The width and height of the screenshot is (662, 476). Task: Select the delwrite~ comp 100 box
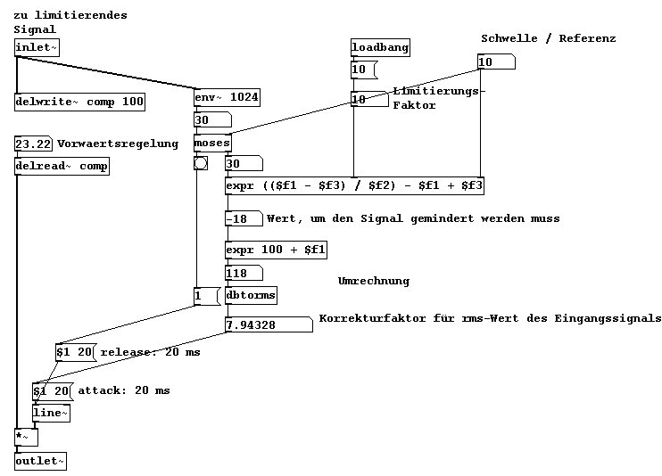coord(80,102)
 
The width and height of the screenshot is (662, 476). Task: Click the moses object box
coord(212,143)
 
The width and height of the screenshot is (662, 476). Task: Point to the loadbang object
coord(380,47)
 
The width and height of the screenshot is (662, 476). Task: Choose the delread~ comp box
coord(62,166)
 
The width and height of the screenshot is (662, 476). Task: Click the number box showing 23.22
coord(35,144)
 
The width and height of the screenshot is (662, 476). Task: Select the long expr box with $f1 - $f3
coord(355,185)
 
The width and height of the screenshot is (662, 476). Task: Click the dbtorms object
coord(251,294)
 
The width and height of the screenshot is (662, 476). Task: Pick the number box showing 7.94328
coord(268,324)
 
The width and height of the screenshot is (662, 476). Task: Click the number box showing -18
coord(244,218)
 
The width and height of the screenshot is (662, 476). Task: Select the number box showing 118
coord(244,273)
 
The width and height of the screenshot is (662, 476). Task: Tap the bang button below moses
coord(200,162)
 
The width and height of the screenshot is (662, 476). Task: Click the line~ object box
coord(51,413)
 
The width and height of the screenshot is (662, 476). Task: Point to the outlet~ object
coord(40,461)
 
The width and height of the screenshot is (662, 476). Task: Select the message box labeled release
coord(75,352)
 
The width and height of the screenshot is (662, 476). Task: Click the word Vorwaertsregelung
coord(118,144)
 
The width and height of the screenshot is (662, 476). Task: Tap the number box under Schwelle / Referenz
coord(496,62)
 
